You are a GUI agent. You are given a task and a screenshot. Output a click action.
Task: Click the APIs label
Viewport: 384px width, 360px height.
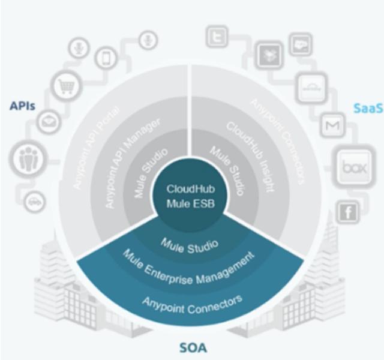[22, 106]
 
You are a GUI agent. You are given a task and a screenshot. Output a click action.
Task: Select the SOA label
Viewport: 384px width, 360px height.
[193, 347]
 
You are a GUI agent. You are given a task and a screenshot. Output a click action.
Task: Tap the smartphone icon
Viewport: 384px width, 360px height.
[106, 58]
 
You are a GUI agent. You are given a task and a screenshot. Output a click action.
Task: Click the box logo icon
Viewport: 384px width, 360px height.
[350, 166]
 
